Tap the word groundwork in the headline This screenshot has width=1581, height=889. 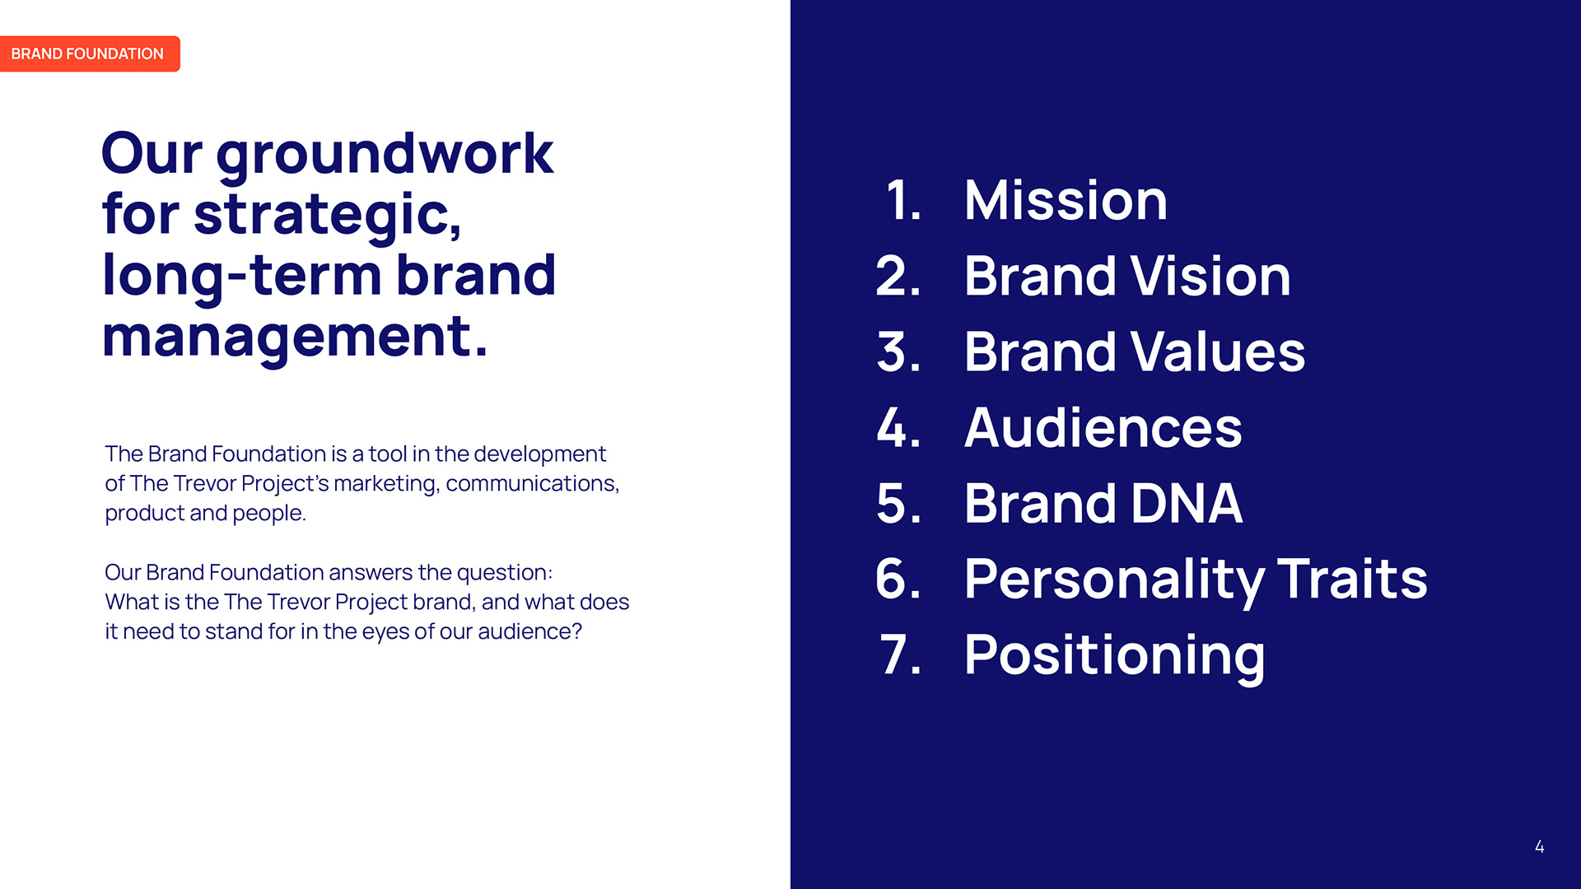click(385, 156)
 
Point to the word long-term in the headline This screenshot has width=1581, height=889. click(240, 276)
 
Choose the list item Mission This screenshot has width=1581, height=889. click(1066, 200)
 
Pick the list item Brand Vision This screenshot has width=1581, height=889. click(1127, 276)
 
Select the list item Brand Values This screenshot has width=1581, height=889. click(1135, 351)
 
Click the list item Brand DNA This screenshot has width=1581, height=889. click(1103, 503)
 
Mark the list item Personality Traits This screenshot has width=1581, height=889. click(1196, 580)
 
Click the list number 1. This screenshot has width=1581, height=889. click(903, 200)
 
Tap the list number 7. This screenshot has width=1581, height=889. click(901, 655)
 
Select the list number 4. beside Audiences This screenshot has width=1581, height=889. click(898, 428)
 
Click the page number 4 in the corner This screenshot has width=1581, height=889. click(1539, 846)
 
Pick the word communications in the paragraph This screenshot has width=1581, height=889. click(532, 483)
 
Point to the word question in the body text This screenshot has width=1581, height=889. click(504, 573)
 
